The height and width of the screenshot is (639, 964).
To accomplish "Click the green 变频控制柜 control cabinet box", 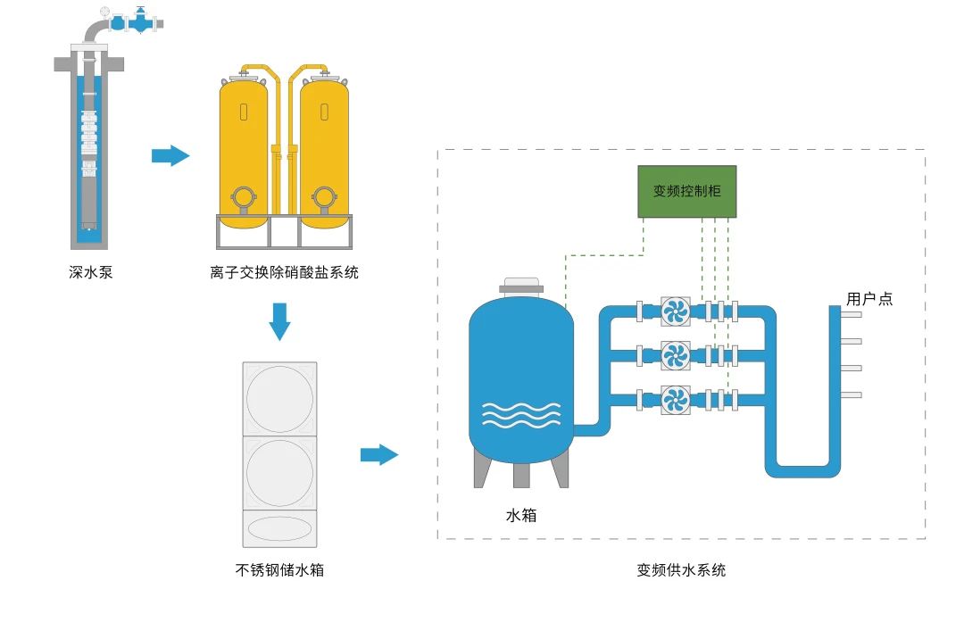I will coord(686,191).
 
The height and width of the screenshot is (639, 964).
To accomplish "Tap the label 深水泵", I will coord(91,272).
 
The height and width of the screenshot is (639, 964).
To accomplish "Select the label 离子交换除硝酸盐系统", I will coord(284,272).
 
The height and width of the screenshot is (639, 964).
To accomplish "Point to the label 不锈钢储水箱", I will coord(279,569).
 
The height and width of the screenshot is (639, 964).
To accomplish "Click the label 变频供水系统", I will coord(681,569).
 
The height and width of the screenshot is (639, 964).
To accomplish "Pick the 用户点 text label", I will coord(869,299).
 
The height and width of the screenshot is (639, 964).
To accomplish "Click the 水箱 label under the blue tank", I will coord(521,515).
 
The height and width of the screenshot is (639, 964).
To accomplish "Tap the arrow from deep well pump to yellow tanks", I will coord(170,156).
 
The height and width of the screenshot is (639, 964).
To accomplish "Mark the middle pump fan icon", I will coord(676,355).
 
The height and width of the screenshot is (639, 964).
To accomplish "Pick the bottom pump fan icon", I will coord(676,399).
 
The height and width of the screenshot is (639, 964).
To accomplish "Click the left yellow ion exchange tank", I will coord(244,147).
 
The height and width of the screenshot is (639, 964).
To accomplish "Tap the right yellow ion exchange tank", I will coord(324,147).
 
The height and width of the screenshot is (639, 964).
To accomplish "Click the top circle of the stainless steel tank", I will coord(279,399).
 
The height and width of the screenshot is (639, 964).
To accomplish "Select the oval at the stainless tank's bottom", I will coord(279,528).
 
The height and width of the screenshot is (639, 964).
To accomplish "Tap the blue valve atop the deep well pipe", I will coord(138,21).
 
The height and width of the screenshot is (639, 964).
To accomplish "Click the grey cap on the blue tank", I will coord(521,286).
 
